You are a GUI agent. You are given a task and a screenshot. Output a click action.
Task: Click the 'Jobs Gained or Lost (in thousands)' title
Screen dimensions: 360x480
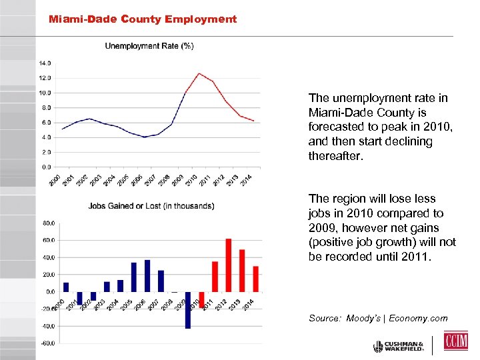point(151,206)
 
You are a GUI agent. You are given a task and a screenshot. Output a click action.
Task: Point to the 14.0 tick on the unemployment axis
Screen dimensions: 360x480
point(45,63)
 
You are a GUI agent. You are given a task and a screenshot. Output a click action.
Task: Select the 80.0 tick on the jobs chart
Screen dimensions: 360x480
point(49,223)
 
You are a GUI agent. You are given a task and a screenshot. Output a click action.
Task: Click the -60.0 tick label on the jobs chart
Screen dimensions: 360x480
point(48,344)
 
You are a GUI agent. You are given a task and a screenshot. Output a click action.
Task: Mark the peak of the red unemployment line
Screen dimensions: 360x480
point(199,73)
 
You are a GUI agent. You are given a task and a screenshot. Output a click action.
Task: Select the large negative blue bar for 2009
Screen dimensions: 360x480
point(187,310)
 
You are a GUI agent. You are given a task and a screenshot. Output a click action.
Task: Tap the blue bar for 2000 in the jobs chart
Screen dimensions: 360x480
point(66,287)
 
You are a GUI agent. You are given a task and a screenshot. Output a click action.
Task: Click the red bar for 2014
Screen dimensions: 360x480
point(255,279)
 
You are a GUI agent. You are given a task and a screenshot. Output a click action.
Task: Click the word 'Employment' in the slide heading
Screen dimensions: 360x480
point(201,20)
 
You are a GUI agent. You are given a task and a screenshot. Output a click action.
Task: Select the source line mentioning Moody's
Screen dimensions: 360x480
point(378,319)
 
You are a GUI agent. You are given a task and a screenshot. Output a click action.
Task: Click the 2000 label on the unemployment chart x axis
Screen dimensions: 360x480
point(55,179)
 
